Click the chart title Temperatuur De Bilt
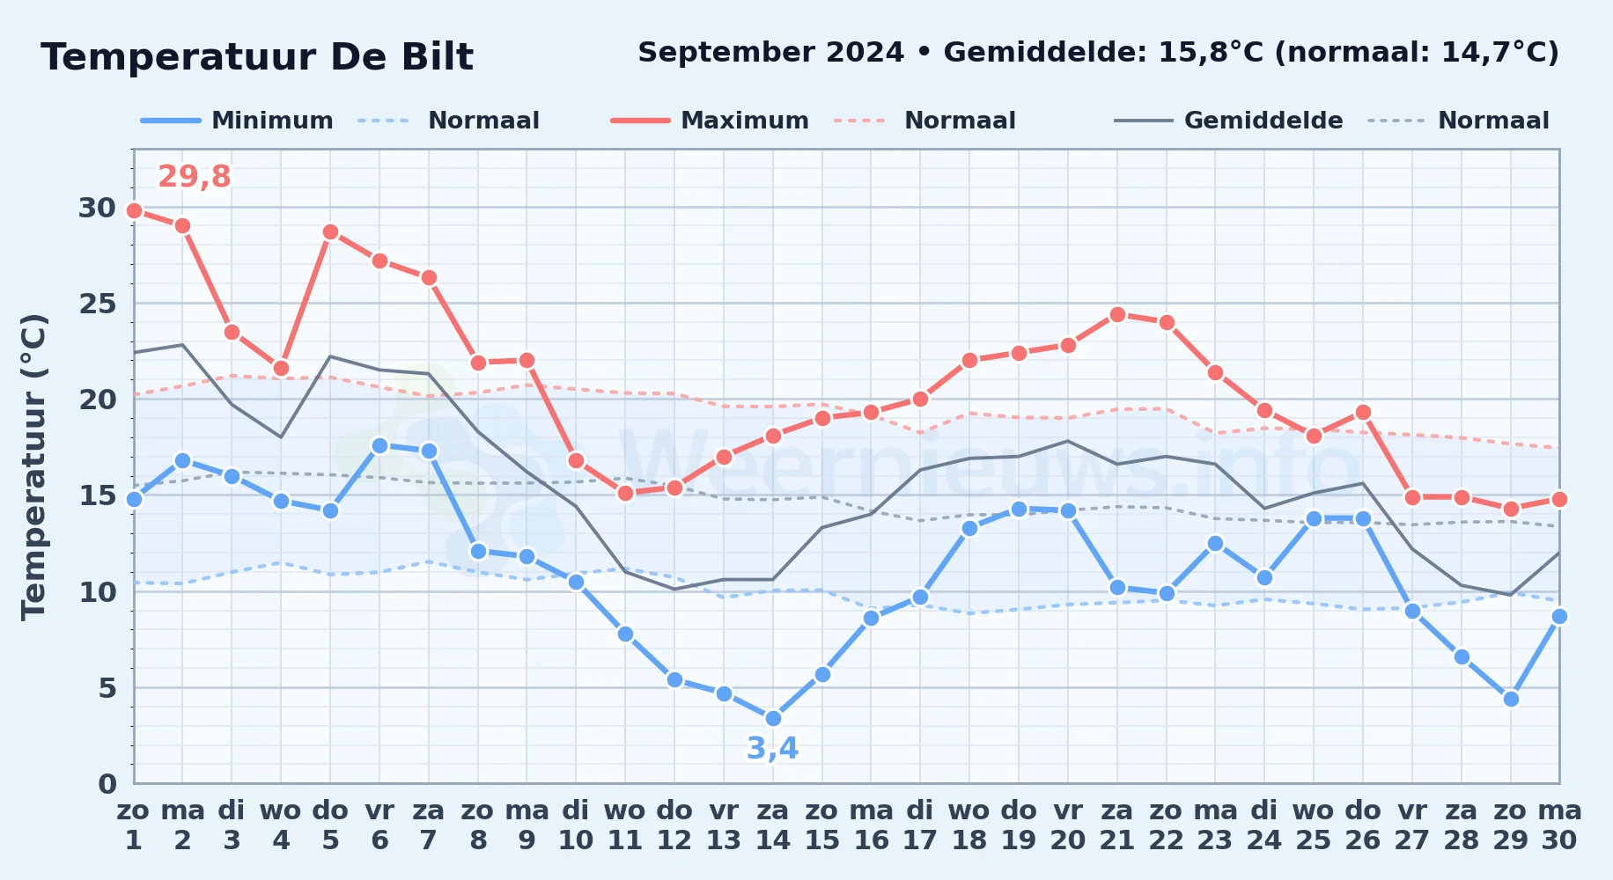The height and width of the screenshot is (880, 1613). pos(257,57)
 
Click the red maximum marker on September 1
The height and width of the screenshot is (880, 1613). pos(134,210)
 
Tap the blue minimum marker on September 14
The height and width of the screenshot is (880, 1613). pos(773,718)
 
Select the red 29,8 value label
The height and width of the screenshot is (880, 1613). pos(194,177)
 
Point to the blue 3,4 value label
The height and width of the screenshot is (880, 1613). pos(772,748)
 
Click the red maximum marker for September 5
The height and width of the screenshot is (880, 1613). pos(330,231)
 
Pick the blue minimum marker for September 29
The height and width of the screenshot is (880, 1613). pos(1511,699)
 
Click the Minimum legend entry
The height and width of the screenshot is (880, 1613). pos(237,121)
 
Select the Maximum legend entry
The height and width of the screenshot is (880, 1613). pos(710,121)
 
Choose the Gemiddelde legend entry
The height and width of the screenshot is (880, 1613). pos(1229,121)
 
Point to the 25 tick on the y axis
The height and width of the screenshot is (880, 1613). pos(97,304)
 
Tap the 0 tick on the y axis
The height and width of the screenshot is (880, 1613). pos(107,783)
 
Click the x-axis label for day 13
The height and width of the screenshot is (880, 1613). pos(724,825)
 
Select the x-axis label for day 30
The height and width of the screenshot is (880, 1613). pos(1559,825)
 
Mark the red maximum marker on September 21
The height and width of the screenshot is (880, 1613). pos(1117,314)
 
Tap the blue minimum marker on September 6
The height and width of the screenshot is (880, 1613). pos(379,445)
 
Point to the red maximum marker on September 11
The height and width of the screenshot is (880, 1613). pos(625,493)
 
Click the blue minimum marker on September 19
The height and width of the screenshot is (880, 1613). pos(1019,509)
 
